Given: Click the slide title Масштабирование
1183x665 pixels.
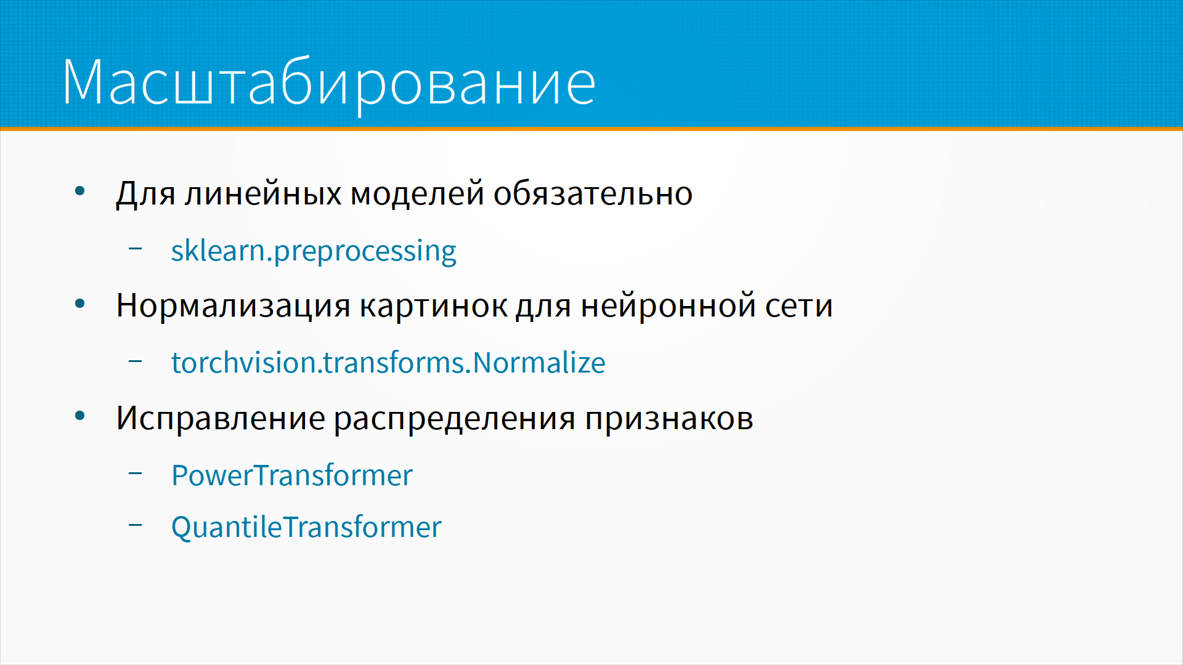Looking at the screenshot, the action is (329, 83).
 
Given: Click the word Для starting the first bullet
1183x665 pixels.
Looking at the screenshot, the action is (146, 194).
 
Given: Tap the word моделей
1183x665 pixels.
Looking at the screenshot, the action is (417, 194).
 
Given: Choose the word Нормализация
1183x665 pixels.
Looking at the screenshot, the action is (234, 306).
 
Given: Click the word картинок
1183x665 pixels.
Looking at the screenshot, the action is (433, 306).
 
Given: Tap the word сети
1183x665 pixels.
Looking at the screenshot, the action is (799, 306).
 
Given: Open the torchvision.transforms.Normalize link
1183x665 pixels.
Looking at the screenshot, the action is (388, 362).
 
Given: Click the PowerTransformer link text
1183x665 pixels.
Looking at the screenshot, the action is (292, 475).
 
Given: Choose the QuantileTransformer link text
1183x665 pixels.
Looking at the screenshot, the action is (306, 527).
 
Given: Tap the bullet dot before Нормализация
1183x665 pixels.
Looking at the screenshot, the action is (80, 304).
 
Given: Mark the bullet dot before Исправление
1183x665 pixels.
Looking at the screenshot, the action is (80, 416).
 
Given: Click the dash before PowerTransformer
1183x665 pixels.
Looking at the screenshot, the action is (136, 474).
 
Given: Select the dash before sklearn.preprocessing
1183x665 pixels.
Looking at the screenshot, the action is (136, 249).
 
